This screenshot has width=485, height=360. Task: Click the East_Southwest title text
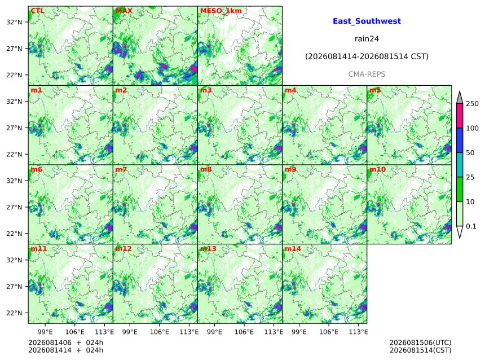click(x=367, y=21)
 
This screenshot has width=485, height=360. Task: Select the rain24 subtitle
click(x=367, y=39)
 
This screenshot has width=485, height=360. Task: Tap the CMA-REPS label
click(x=367, y=74)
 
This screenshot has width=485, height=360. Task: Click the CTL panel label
click(x=37, y=11)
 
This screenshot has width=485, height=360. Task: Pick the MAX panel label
click(x=124, y=11)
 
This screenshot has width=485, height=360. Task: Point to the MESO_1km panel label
click(x=221, y=11)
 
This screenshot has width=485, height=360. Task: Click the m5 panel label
click(x=375, y=90)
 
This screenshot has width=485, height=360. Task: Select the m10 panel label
click(x=378, y=169)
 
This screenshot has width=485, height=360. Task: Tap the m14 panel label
click(x=293, y=249)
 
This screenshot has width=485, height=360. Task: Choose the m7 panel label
click(x=121, y=169)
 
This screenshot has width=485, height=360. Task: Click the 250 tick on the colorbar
click(x=472, y=104)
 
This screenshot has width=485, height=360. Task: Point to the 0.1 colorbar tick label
click(x=471, y=226)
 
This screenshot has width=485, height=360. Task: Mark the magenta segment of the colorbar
click(x=460, y=116)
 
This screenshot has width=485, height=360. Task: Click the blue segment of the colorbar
click(x=460, y=141)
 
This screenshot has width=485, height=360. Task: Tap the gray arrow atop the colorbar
click(x=460, y=97)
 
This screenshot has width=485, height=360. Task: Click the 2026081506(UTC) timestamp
click(x=420, y=343)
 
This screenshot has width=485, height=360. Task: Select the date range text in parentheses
click(x=367, y=56)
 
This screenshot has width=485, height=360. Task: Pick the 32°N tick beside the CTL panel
click(x=14, y=22)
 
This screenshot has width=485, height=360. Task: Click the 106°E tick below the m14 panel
click(x=329, y=332)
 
